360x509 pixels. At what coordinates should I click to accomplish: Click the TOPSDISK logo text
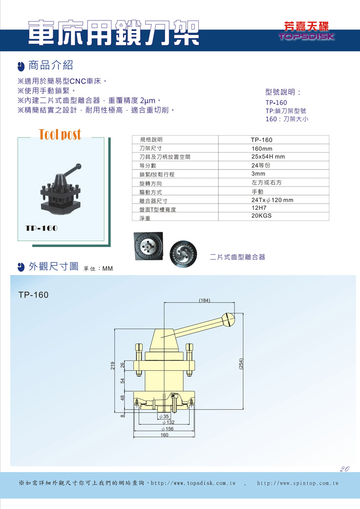306,36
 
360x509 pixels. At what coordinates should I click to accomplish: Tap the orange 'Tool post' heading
60,134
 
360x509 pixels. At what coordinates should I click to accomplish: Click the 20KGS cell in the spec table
261,216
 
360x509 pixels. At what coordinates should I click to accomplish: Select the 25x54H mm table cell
268,156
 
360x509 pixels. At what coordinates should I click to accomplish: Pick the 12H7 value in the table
259,208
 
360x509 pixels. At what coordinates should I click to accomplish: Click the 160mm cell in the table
262,149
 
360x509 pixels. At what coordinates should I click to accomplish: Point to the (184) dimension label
204,300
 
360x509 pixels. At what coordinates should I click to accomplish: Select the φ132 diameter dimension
169,422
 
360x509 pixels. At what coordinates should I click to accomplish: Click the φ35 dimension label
164,416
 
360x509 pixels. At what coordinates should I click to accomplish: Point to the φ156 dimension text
168,429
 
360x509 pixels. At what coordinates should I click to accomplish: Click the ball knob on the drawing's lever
228,320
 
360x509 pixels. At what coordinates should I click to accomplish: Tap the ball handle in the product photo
78,167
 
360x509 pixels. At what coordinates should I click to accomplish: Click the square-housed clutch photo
149,246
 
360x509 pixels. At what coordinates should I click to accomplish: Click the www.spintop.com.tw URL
298,483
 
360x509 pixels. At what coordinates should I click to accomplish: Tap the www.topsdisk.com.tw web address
193,483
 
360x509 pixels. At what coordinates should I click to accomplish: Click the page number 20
344,469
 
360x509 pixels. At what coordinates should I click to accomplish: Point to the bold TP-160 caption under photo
41,228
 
